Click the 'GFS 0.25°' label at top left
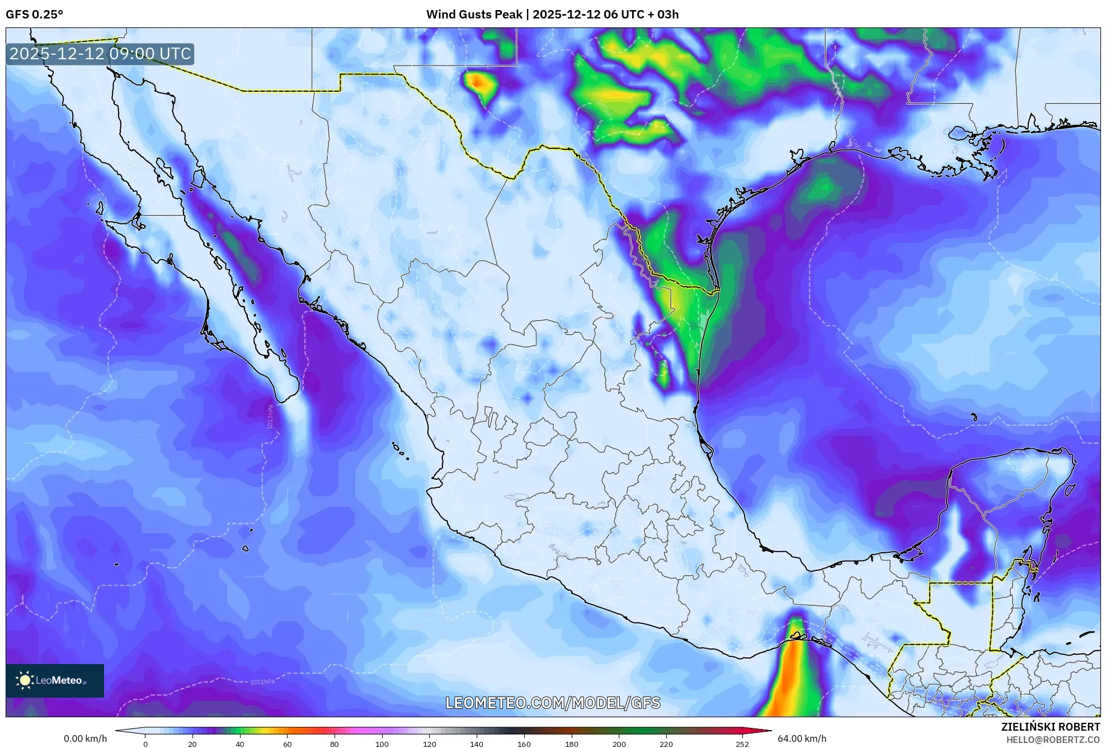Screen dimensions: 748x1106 34,15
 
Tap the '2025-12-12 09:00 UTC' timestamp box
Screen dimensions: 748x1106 100,54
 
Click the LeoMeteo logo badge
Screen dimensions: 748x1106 55,680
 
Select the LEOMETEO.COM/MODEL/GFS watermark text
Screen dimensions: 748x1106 553,703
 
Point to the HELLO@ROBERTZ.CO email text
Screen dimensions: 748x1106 1053,739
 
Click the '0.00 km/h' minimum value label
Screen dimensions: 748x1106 85,738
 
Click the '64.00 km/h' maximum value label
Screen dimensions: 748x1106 802,738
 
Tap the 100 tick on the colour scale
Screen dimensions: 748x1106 382,744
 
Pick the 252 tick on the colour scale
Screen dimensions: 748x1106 741,744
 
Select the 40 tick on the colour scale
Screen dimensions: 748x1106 240,744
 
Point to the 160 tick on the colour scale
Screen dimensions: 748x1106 524,744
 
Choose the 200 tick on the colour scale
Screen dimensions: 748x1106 619,744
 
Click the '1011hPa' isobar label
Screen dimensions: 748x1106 262,681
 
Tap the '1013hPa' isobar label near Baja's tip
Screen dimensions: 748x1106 270,417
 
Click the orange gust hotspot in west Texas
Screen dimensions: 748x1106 477,82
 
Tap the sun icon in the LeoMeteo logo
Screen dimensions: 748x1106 25,680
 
